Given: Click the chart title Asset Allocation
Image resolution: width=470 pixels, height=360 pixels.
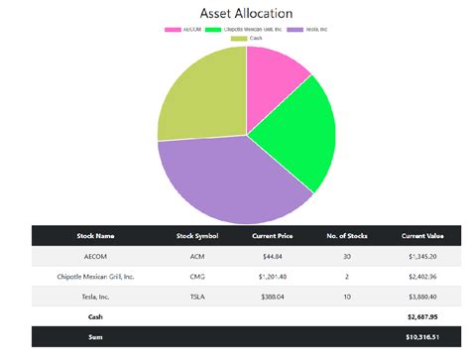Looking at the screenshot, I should [x=247, y=14].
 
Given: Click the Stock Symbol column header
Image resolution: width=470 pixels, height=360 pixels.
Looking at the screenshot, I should [x=196, y=236].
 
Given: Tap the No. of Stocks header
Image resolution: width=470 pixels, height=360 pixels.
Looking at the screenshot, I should [x=347, y=236].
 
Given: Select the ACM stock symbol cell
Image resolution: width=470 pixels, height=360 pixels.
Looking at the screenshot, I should [x=196, y=257].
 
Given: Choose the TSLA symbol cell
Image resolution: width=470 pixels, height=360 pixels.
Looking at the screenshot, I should [x=196, y=297].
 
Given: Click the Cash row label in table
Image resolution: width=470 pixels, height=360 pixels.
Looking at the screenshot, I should [x=95, y=317].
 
